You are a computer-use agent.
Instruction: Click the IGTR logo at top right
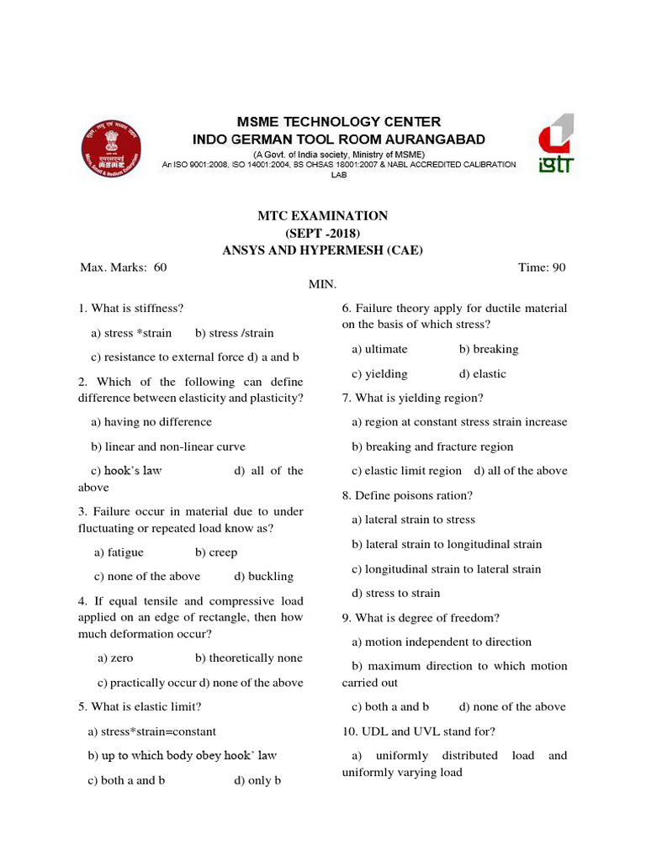click(x=555, y=144)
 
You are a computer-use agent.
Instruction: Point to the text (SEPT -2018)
click(x=322, y=233)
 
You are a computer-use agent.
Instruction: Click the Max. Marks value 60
click(x=161, y=267)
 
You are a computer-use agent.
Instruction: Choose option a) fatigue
click(x=119, y=552)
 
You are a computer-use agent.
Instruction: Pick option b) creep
click(x=216, y=552)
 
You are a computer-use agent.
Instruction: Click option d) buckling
click(x=264, y=576)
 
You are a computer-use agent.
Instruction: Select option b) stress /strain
click(x=234, y=333)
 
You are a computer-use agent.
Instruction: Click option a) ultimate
click(x=379, y=349)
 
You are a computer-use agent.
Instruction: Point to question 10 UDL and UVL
click(x=419, y=731)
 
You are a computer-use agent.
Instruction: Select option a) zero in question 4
click(x=115, y=658)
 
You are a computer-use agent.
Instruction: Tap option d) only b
click(x=257, y=780)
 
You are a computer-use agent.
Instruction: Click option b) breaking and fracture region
click(x=432, y=446)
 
